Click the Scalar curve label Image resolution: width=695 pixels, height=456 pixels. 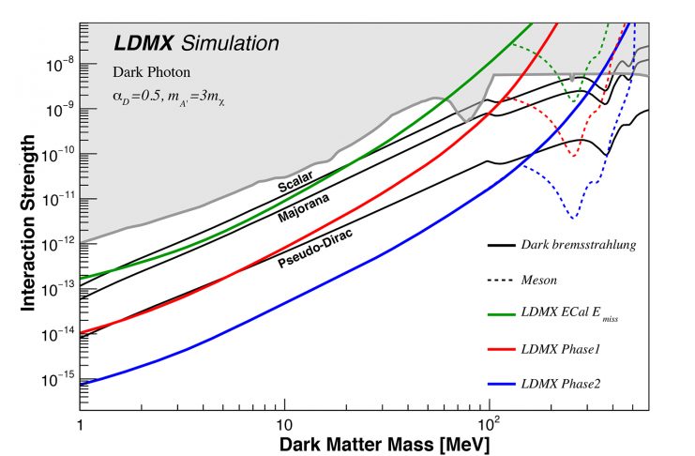coord(294,185)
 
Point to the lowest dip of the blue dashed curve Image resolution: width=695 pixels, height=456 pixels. coord(573,218)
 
